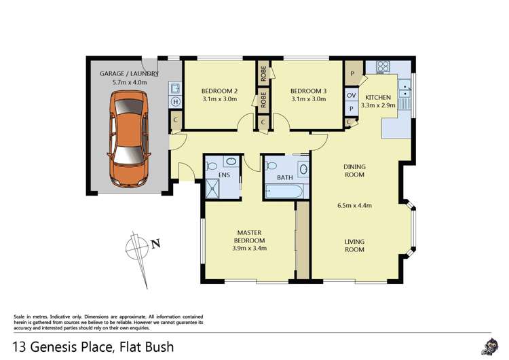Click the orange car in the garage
[129, 141]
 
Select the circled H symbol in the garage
[175, 102]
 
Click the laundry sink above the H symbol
[175, 88]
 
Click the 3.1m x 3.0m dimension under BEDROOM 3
[308, 99]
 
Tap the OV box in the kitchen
[351, 95]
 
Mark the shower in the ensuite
[215, 188]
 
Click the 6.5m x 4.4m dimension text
[354, 206]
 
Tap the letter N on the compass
[155, 244]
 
